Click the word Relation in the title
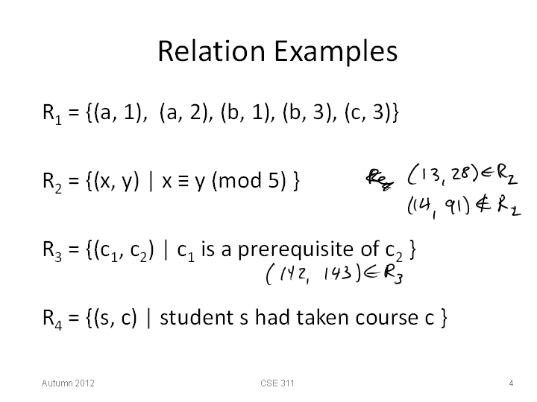pyautogui.click(x=211, y=51)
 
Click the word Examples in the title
pyautogui.click(x=336, y=53)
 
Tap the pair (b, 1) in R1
pyautogui.click(x=245, y=112)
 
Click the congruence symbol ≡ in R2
pyautogui.click(x=183, y=181)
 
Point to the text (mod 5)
pyautogui.click(x=249, y=180)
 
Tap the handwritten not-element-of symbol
pyautogui.click(x=483, y=205)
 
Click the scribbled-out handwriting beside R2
pyautogui.click(x=380, y=179)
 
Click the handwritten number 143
pyautogui.click(x=337, y=273)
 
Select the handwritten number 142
pyautogui.click(x=294, y=273)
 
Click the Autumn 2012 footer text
pyautogui.click(x=68, y=383)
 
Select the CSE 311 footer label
pyautogui.click(x=277, y=383)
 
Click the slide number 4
pyautogui.click(x=511, y=383)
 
